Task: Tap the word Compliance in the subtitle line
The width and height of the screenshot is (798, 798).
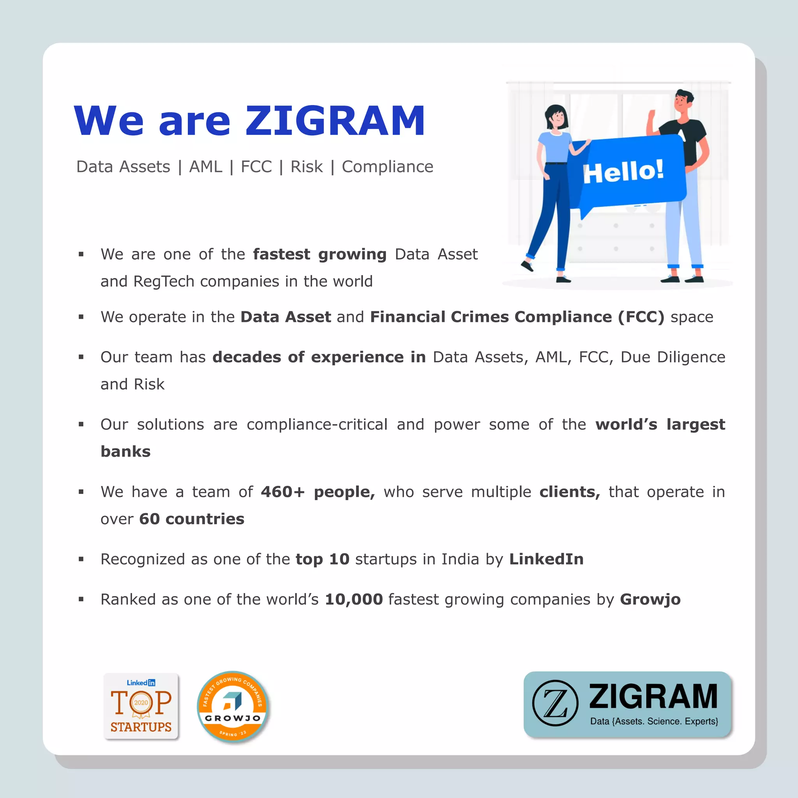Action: click(x=387, y=167)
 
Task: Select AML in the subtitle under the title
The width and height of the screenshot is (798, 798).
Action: click(x=205, y=167)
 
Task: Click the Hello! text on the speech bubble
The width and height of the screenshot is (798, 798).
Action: click(x=623, y=171)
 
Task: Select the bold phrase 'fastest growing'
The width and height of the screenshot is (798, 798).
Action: click(x=319, y=254)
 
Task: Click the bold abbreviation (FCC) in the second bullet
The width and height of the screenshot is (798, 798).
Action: click(x=641, y=317)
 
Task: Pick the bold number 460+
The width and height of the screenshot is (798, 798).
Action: click(x=282, y=492)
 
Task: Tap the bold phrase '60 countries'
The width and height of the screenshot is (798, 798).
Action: click(x=192, y=519)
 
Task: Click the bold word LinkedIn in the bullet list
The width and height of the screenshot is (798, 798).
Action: click(x=546, y=559)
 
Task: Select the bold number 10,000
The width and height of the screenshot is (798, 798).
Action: click(x=354, y=599)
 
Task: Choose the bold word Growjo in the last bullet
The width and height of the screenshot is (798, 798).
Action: click(x=650, y=599)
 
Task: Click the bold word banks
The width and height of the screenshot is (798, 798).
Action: click(x=125, y=452)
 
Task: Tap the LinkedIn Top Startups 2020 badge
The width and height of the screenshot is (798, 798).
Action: click(x=141, y=706)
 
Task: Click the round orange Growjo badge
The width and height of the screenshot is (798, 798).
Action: click(x=233, y=706)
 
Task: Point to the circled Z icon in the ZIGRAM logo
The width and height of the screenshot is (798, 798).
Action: click(x=555, y=703)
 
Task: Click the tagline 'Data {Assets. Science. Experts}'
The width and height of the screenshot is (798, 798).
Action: click(x=654, y=721)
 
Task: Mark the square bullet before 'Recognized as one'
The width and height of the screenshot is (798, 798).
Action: click(x=81, y=559)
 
